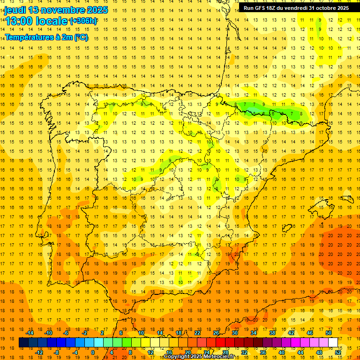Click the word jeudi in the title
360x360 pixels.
click(x=15, y=10)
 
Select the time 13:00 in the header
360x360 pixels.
click(x=19, y=21)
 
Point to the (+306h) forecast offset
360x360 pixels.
click(x=83, y=21)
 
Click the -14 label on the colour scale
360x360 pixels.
click(x=30, y=333)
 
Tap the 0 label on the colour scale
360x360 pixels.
click(x=93, y=352)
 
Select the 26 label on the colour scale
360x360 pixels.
click(x=216, y=333)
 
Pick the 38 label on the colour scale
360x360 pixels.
click(x=272, y=333)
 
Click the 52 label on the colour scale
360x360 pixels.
click(x=338, y=352)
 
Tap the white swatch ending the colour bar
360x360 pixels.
click(x=333, y=342)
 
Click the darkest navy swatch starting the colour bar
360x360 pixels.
click(x=23, y=342)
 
